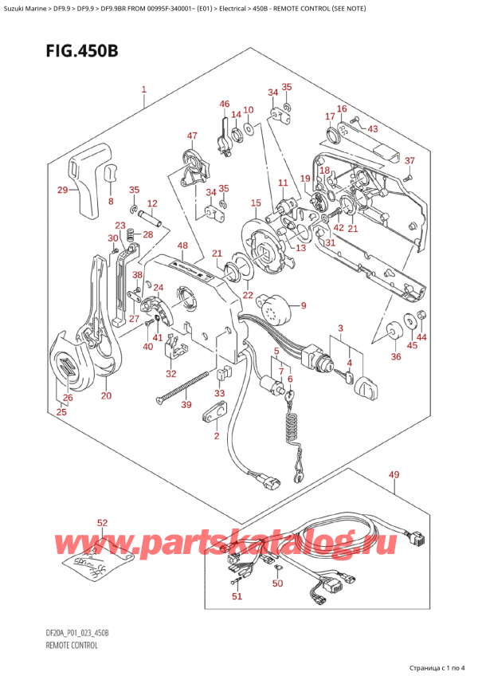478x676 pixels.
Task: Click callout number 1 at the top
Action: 143,89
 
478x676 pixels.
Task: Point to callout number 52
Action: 102,523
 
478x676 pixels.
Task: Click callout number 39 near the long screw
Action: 186,405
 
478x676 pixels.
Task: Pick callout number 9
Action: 303,305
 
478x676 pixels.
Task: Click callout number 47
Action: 192,136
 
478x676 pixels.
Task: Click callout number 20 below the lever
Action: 106,395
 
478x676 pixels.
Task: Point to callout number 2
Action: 215,435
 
